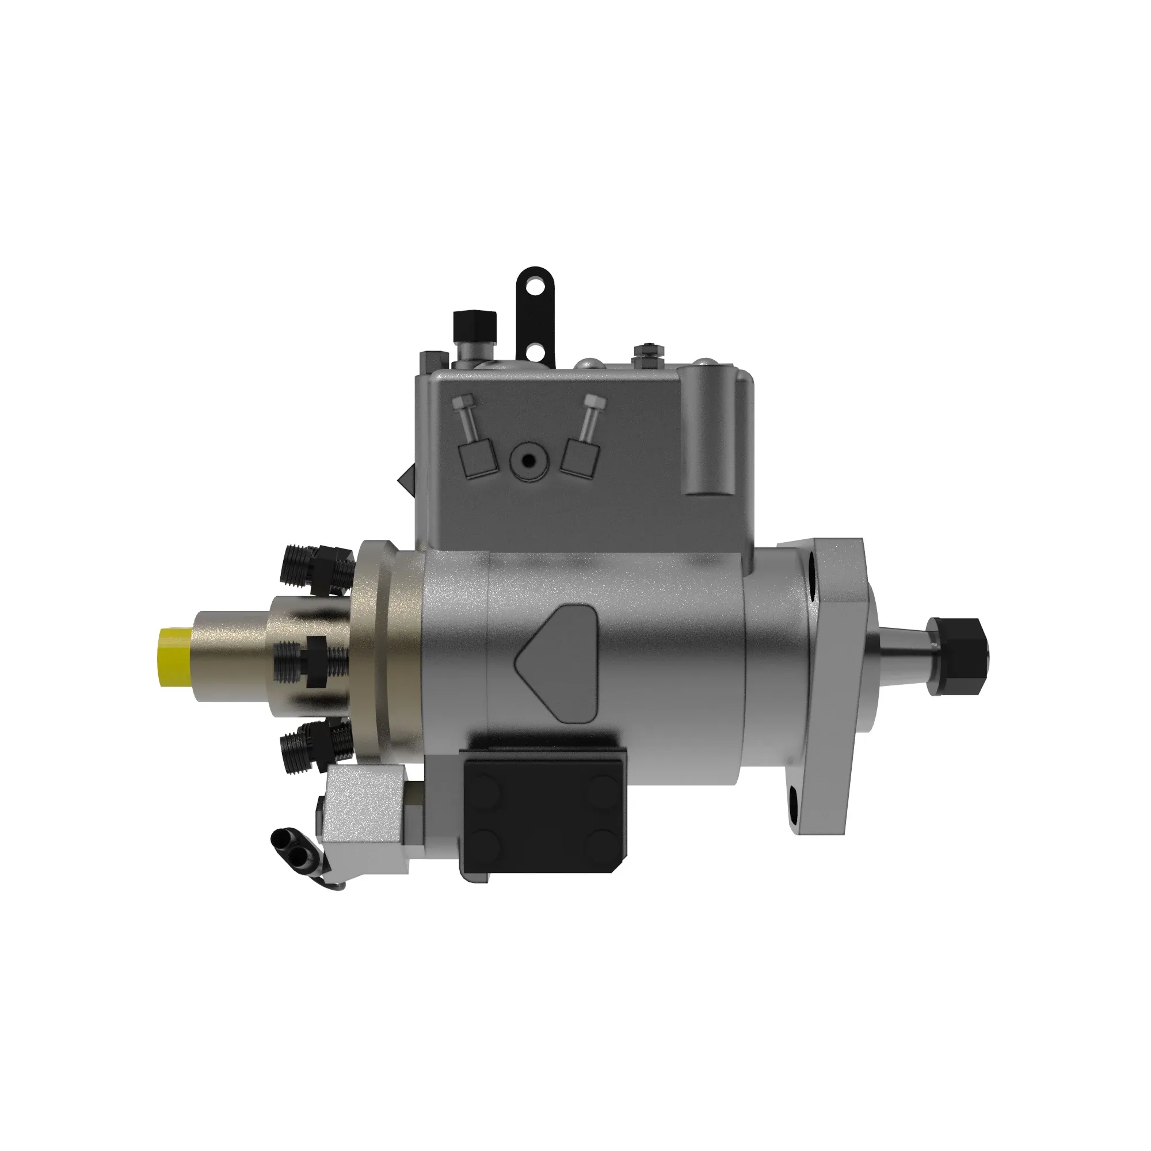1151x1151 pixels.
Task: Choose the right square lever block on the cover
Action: click(579, 458)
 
